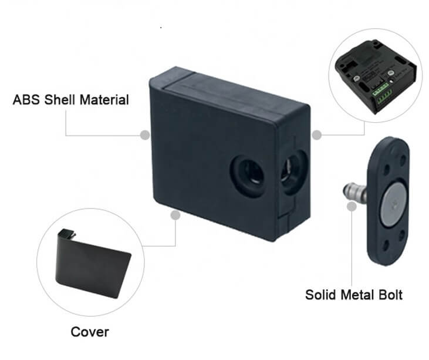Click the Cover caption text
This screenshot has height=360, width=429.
pyautogui.click(x=90, y=332)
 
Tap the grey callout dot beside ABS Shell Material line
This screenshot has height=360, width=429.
pyautogui.click(x=145, y=135)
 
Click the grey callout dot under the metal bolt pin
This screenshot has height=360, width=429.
pyautogui.click(x=352, y=206)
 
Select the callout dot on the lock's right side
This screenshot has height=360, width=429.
pyautogui.click(x=316, y=135)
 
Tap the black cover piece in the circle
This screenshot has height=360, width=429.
pyautogui.click(x=91, y=263)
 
